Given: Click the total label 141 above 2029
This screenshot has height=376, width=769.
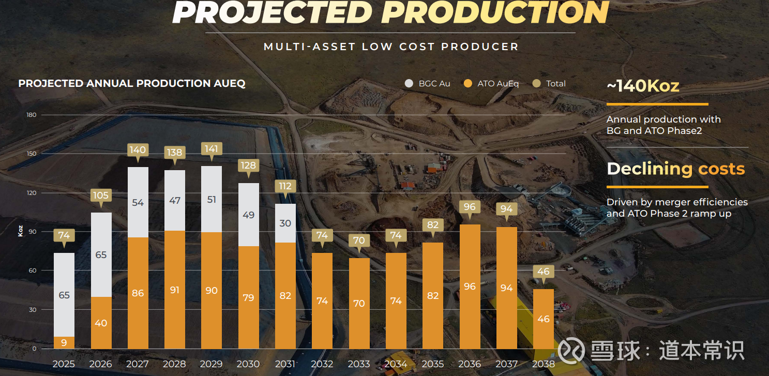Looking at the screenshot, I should coord(212,149).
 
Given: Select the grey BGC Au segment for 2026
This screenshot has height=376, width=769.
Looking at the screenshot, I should coord(101,254).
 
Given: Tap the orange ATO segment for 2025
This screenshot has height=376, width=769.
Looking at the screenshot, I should coord(64,342).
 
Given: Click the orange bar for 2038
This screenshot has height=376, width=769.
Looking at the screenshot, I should coord(544,319).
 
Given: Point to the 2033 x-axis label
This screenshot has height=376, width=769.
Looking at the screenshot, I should coord(359,364).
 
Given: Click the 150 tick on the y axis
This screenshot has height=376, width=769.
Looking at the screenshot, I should coord(32,154).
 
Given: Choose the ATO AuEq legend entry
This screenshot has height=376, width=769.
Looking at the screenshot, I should coord(492,83).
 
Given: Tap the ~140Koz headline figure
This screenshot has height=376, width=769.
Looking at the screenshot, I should coord(643,86).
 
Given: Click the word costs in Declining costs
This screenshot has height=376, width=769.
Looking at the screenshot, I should coord(721,169).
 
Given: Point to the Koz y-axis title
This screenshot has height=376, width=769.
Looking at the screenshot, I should coord(21,231).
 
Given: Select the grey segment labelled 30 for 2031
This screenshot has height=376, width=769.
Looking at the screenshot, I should coord(285,223).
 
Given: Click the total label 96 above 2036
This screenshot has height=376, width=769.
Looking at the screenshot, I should coord(470,207).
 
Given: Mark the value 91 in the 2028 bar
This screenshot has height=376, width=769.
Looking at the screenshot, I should coord(175,290).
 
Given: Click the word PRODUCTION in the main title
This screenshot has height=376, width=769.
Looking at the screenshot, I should coord(495,13).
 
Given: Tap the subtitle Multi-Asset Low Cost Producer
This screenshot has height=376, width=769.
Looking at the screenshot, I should coord(391,47).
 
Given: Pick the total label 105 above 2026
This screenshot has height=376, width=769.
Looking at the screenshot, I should coord(101,195).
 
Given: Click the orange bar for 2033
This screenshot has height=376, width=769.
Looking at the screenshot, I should coord(359,303).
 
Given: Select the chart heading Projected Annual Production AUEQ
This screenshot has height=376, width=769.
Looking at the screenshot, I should coord(132,83).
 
